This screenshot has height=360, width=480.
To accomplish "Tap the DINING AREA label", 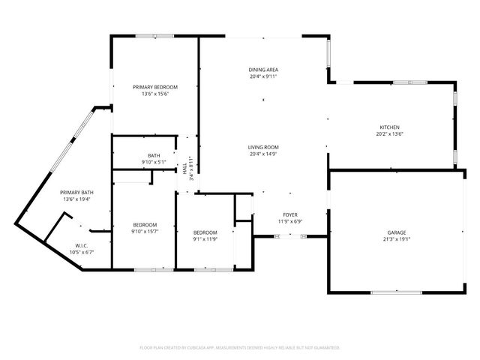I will [263, 70].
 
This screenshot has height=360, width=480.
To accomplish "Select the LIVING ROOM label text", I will [263, 147].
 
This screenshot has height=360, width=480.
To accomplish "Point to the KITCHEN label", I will [389, 127].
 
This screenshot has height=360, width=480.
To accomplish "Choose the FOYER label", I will [289, 215].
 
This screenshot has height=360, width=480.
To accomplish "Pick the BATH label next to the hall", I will [154, 155].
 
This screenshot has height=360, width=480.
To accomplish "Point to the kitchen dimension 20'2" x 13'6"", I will [389, 134].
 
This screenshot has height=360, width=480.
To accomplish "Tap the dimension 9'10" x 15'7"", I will [145, 232].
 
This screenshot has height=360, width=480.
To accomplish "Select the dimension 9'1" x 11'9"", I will [205, 239].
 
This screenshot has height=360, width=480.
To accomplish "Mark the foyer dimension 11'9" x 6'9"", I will [289, 222].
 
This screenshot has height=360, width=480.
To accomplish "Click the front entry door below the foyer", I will [289, 236].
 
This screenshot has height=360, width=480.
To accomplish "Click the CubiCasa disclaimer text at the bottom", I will [240, 347].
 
